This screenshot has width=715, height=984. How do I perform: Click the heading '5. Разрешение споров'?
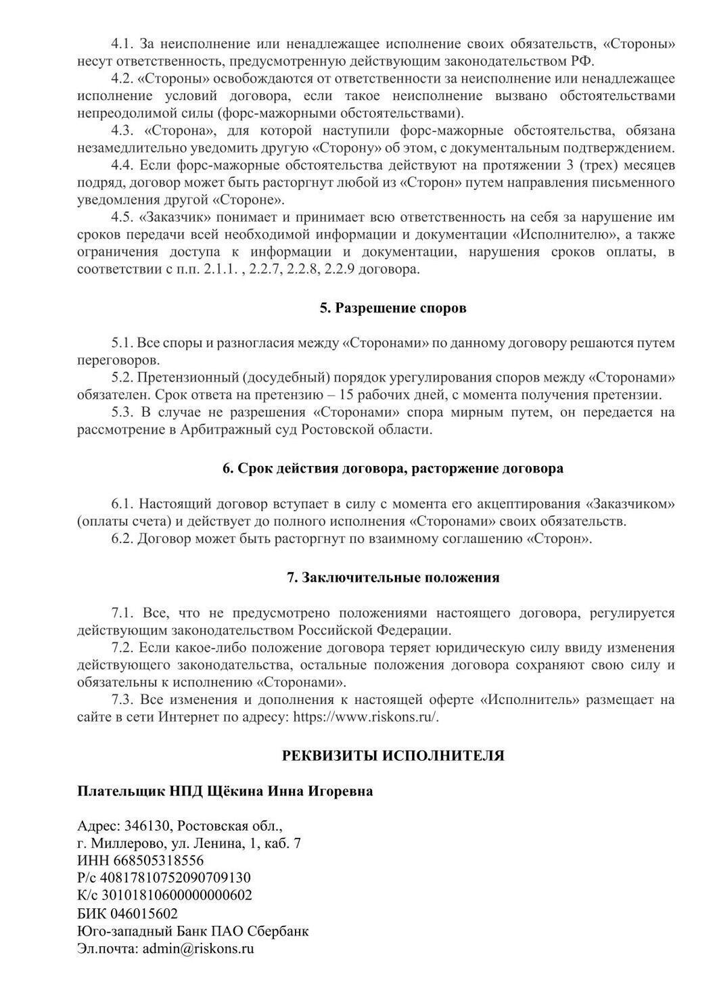click(393, 308)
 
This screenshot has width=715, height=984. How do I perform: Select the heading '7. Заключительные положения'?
click(393, 578)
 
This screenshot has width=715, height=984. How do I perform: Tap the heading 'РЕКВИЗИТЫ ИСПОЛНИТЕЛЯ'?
click(393, 755)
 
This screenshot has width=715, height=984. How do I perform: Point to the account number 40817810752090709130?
click(175, 878)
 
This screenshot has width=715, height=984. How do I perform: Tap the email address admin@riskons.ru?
click(198, 948)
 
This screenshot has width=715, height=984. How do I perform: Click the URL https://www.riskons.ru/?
click(365, 717)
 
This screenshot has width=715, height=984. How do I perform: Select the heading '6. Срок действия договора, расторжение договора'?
click(393, 469)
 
